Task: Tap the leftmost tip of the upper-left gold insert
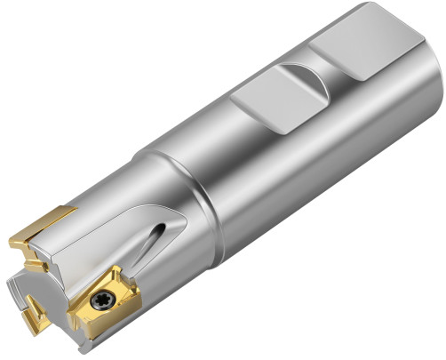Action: click(11, 240)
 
